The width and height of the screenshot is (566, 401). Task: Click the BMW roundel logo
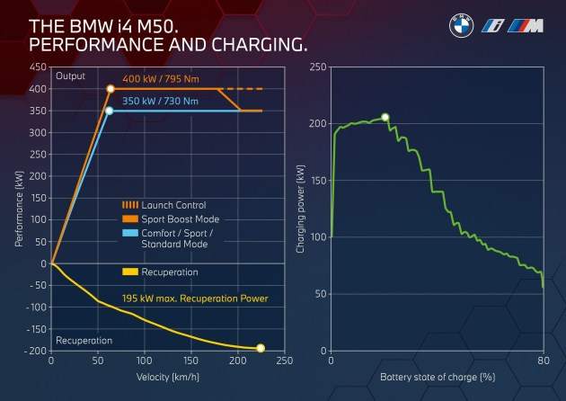(x=461, y=27)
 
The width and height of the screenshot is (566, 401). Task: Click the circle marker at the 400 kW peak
(x=111, y=89)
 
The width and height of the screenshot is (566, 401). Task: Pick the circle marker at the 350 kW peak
(x=109, y=111)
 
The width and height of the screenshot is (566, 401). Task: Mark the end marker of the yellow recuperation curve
(x=261, y=348)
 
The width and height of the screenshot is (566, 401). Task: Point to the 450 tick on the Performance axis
(x=38, y=67)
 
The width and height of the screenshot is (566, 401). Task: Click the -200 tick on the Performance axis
(x=35, y=351)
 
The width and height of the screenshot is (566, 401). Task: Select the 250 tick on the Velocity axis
(x=284, y=361)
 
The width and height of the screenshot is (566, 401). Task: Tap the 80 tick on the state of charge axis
(x=543, y=361)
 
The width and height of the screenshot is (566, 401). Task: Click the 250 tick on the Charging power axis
(x=318, y=67)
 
